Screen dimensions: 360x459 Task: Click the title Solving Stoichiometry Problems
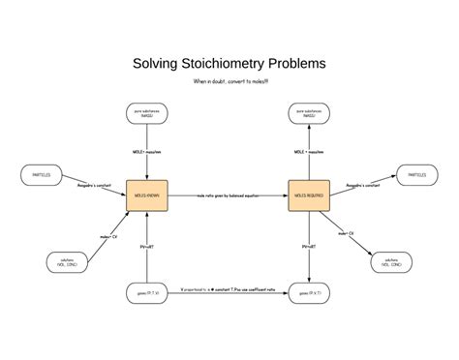[x=229, y=64]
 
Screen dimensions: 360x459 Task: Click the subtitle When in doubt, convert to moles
[x=229, y=81]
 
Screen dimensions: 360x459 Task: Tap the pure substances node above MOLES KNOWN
[x=147, y=114]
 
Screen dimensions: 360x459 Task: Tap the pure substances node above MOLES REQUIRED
[x=309, y=114]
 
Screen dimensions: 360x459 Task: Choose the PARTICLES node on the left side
[x=42, y=175]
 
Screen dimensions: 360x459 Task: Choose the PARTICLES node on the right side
[x=415, y=175]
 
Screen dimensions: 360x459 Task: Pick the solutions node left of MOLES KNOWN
[x=67, y=261]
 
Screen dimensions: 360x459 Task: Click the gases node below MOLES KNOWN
[x=147, y=291]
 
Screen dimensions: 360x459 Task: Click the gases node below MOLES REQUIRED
[x=309, y=291]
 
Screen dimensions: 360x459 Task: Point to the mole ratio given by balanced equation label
[x=229, y=195]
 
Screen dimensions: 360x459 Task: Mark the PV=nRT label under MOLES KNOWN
[x=147, y=248]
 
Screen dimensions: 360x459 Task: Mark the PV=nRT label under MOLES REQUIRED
[x=309, y=248]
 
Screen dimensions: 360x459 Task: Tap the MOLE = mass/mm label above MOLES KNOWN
[x=147, y=152]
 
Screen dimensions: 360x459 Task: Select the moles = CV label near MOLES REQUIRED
[x=346, y=233]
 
